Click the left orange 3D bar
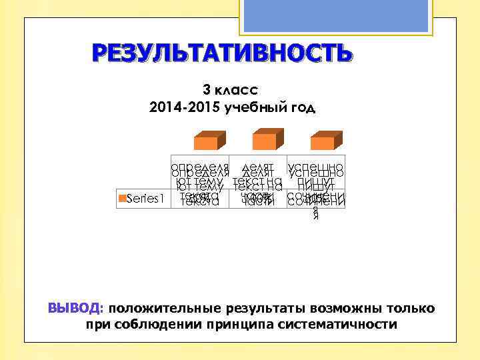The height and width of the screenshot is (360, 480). (x=208, y=142)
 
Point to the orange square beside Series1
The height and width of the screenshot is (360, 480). (x=121, y=197)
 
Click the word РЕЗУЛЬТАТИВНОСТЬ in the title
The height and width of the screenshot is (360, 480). (x=220, y=53)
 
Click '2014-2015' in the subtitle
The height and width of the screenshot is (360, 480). (x=176, y=107)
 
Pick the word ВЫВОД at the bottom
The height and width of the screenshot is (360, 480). (x=73, y=309)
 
